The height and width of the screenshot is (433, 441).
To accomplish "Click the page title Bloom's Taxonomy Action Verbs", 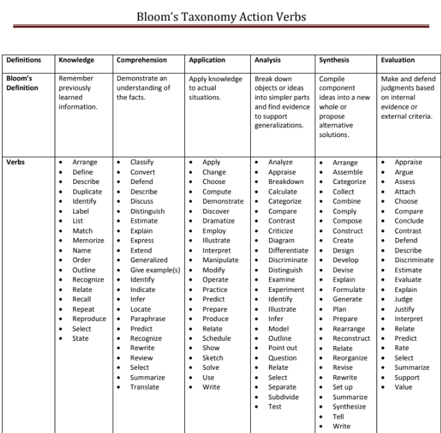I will [x=220, y=16].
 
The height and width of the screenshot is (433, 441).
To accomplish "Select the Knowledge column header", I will [x=76, y=60].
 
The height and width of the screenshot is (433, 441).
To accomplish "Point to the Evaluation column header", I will [x=398, y=60].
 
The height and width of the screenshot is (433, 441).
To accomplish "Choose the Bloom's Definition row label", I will [x=23, y=83].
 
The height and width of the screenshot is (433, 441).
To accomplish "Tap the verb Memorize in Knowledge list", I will [x=88, y=241].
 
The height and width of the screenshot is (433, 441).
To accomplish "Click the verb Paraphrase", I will [x=147, y=319].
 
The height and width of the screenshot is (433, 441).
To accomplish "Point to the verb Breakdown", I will [x=286, y=182].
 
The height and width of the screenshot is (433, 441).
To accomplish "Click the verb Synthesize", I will [x=349, y=407].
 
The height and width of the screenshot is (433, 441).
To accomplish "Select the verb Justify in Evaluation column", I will [x=405, y=309].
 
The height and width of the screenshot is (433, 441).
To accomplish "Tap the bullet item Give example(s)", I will [x=155, y=270].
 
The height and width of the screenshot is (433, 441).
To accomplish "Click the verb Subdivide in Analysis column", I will [x=283, y=397].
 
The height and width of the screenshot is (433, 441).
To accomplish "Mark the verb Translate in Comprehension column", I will [x=144, y=387].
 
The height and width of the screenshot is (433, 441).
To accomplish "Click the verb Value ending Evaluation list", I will [x=403, y=387].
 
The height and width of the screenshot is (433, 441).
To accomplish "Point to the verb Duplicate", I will [x=87, y=192].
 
